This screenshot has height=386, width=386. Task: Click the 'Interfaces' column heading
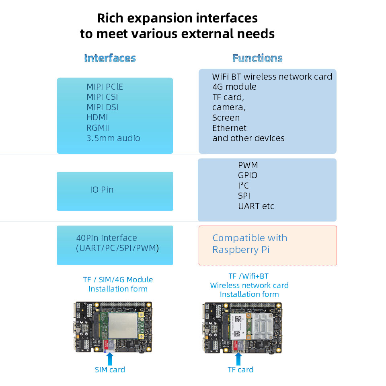tap(110, 58)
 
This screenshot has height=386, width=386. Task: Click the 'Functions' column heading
tap(257, 58)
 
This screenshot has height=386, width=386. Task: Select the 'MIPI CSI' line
tap(102, 97)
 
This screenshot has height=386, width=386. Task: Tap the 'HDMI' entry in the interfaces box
tap(97, 118)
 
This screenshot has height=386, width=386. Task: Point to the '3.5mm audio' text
tap(113, 138)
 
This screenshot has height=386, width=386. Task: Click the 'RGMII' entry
tap(98, 128)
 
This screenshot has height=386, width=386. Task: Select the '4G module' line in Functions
tap(234, 87)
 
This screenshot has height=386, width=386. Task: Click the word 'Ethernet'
tap(229, 128)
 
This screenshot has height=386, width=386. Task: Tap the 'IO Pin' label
tap(102, 189)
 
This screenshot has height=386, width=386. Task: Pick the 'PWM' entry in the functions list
tap(248, 165)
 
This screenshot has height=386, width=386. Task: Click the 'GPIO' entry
tap(247, 175)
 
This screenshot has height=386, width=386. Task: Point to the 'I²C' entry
tap(243, 186)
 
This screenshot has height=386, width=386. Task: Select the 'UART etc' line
tap(256, 206)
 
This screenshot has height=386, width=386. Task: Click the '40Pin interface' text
tap(107, 238)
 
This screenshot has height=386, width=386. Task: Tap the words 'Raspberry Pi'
tap(241, 250)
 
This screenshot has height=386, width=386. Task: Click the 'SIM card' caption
tap(110, 370)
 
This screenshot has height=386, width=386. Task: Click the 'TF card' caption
tap(240, 370)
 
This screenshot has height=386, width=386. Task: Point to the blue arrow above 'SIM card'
tap(109, 357)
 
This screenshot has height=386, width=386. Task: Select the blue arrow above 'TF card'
tap(240, 357)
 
